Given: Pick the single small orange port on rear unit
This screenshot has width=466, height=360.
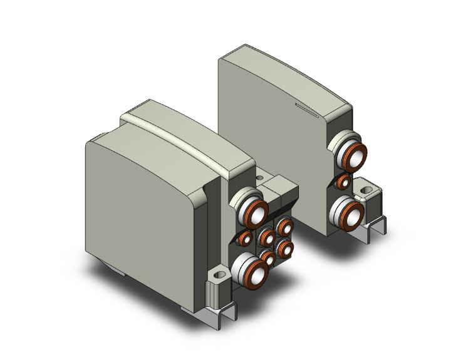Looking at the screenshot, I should tap(343, 182).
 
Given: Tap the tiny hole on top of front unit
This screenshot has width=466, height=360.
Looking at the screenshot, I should tap(260, 178).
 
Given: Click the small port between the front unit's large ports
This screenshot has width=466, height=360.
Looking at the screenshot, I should tap(244, 238).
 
